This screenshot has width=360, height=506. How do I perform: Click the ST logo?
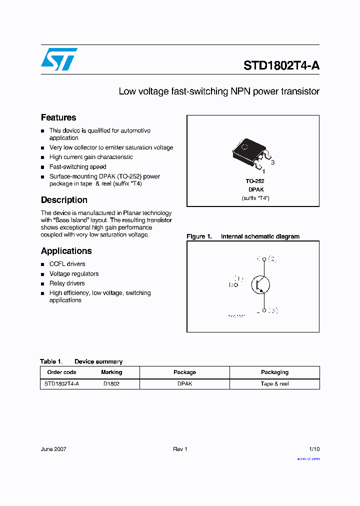pyautogui.click(x=59, y=59)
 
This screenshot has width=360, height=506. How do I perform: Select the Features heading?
pyautogui.click(x=58, y=117)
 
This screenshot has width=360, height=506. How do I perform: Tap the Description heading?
pyautogui.click(x=64, y=200)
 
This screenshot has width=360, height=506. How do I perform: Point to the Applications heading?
pyautogui.click(x=66, y=251)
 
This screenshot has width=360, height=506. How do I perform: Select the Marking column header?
pyautogui.click(x=111, y=372)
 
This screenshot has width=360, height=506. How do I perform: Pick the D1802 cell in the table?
pyautogui.click(x=111, y=384)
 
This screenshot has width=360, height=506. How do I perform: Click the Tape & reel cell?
pyautogui.click(x=274, y=384)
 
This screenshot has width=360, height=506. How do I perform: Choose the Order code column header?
pyautogui.click(x=61, y=372)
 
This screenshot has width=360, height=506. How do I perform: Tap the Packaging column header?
pyautogui.click(x=274, y=372)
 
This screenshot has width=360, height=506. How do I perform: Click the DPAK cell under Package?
pyautogui.click(x=184, y=384)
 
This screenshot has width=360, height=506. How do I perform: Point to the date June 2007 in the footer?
pyautogui.click(x=53, y=449)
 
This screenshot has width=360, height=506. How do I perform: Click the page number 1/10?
pyautogui.click(x=314, y=449)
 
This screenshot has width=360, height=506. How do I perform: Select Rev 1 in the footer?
pyautogui.click(x=180, y=449)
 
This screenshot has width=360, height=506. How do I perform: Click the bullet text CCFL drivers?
pyautogui.click(x=67, y=264)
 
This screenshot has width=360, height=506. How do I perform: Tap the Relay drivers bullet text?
pyautogui.click(x=67, y=283)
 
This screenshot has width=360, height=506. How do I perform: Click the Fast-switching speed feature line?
pyautogui.click(x=77, y=167)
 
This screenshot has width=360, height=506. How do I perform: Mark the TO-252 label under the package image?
pyautogui.click(x=255, y=181)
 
